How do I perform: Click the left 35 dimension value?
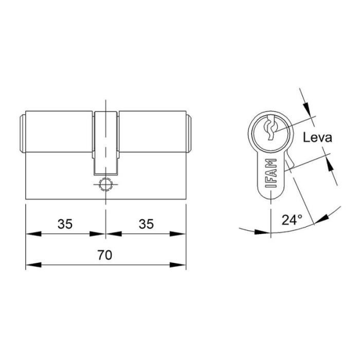tap(64, 224)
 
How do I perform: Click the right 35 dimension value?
tap(147, 224)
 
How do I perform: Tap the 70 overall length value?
tap(105, 256)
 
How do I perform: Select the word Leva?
tap(317, 137)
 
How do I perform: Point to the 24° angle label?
tap(292, 220)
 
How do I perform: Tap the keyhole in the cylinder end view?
tap(271, 129)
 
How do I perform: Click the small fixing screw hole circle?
tap(105, 185)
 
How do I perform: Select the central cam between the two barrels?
tap(105, 141)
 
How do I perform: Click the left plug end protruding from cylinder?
tap(23, 134)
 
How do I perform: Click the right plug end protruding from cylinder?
tap(189, 134)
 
